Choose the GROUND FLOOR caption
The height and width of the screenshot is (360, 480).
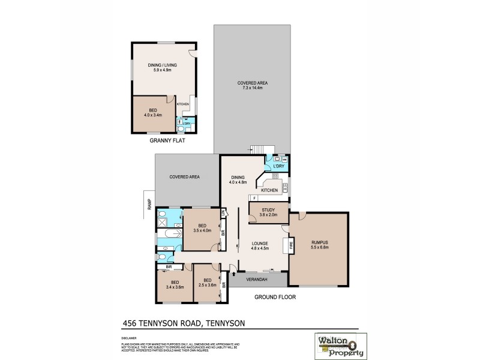click(x=275, y=296)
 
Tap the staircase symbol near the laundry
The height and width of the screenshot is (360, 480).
click(x=262, y=149)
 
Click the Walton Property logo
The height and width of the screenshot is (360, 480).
click(x=337, y=345)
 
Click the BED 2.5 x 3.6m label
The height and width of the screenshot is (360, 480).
click(x=207, y=284)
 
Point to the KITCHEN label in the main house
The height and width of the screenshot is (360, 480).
click(x=269, y=190)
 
